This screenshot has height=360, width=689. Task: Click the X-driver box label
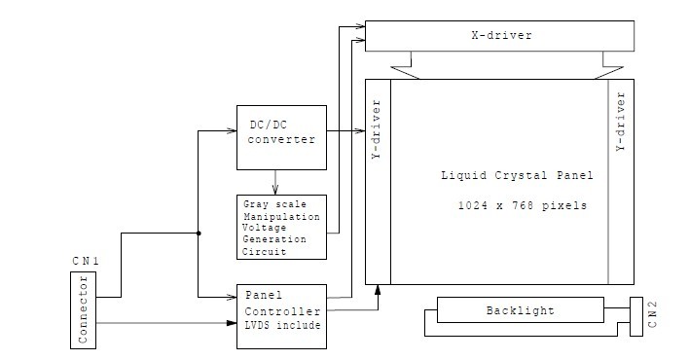coord(500,36)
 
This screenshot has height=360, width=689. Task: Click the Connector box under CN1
coord(84,309)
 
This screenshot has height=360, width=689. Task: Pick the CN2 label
coord(655,316)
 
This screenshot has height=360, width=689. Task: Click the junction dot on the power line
coord(199,234)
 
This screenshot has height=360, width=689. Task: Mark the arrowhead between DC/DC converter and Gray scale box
coord(276,190)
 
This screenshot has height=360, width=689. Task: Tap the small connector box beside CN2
coord(637,314)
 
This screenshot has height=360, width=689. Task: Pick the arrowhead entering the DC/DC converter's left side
coord(233,130)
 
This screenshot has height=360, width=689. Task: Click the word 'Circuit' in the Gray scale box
coord(265,251)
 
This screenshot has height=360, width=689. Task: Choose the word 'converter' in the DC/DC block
coord(281,140)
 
